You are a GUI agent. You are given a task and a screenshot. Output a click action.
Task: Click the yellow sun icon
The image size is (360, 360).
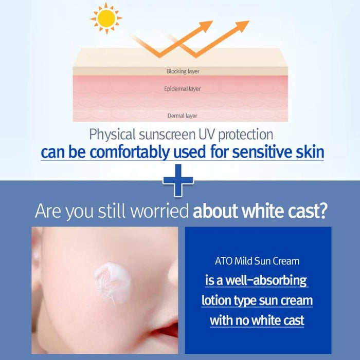(106, 18)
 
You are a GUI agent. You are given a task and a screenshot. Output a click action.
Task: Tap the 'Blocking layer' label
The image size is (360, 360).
(183, 71)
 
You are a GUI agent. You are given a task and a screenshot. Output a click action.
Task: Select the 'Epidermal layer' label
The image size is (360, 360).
(182, 89)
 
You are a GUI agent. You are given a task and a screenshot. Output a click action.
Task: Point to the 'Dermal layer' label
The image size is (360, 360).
(182, 116)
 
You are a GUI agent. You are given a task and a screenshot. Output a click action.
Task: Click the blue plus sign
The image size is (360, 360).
(178, 180)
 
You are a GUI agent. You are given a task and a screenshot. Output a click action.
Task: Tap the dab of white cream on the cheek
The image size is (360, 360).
(113, 283)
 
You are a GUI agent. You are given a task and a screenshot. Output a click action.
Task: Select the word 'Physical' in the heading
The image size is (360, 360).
(112, 135)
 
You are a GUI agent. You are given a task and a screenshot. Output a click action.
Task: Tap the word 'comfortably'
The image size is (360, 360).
(130, 153)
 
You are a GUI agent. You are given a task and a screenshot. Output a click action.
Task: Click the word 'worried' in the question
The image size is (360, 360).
(159, 211)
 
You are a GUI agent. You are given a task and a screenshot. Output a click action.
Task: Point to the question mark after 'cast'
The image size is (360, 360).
(322, 211)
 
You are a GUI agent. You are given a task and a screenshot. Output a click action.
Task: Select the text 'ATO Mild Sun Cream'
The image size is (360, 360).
(257, 261)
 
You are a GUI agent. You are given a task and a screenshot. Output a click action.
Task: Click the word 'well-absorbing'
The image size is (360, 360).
(266, 280)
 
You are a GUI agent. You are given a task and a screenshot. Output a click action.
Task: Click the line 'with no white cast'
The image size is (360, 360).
(257, 320)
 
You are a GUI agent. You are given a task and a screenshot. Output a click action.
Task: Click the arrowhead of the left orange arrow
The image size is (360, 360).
(206, 25)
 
